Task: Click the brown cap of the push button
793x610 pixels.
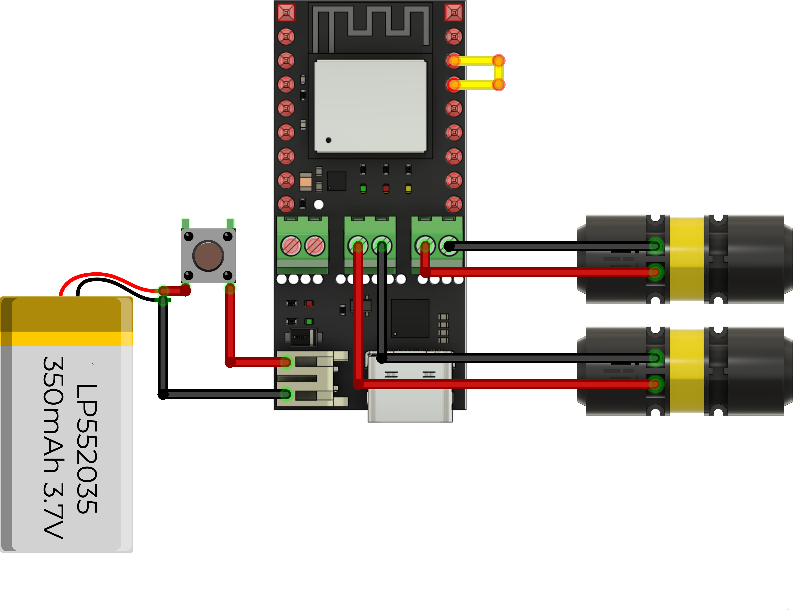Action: pyautogui.click(x=208, y=256)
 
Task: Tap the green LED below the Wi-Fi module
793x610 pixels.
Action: pyautogui.click(x=363, y=188)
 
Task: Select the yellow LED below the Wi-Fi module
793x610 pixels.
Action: pyautogui.click(x=408, y=188)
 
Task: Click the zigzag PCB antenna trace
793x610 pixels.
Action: pyautogui.click(x=370, y=25)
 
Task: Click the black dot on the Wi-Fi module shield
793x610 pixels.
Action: pyautogui.click(x=328, y=140)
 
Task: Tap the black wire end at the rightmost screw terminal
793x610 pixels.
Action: pyautogui.click(x=449, y=246)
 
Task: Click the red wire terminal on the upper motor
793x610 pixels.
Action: pyautogui.click(x=655, y=272)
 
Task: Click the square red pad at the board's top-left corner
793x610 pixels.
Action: pyautogui.click(x=286, y=13)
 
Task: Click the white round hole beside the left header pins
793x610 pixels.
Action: pyautogui.click(x=319, y=205)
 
